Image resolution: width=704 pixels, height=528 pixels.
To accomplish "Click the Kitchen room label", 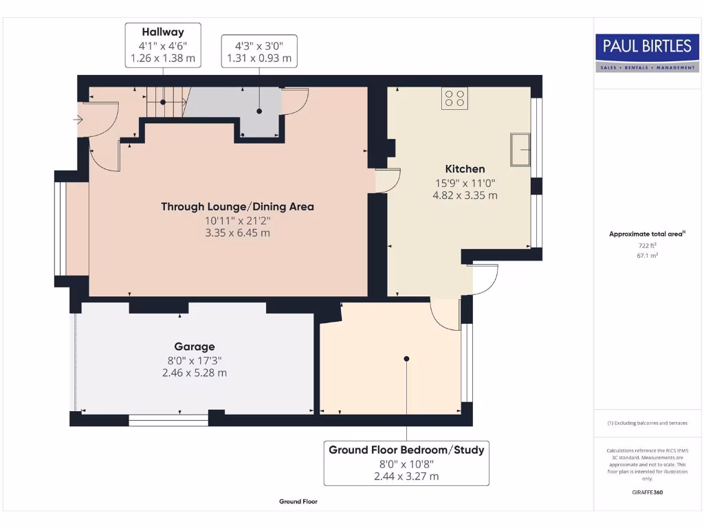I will (x=465, y=168).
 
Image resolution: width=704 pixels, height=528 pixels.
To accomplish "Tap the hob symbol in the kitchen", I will (x=454, y=99).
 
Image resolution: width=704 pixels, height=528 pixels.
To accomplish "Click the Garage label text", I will (x=194, y=346).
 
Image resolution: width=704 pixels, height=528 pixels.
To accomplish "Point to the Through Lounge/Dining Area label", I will (x=237, y=206).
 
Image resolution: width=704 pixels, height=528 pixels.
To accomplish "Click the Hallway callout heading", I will (x=162, y=32).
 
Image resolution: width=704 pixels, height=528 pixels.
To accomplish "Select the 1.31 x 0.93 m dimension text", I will (x=259, y=59).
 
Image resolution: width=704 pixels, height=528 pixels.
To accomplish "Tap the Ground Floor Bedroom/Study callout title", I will (x=406, y=450).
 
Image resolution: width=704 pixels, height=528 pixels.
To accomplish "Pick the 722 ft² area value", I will (x=647, y=245).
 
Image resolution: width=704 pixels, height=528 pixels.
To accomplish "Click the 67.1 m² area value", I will (x=647, y=254).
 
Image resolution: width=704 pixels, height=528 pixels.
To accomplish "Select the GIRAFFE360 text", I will (x=647, y=492).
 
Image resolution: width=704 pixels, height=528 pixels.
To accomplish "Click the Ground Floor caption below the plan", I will (x=298, y=502).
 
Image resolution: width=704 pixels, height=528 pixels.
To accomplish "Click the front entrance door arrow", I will (x=78, y=119).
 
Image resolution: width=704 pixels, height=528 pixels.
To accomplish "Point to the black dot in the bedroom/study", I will (x=406, y=358).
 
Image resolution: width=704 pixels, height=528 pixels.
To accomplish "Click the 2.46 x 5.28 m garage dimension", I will (x=194, y=373).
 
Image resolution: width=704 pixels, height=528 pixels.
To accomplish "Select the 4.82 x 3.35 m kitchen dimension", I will (x=465, y=195).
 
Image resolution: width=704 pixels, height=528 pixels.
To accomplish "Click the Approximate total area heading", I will (x=646, y=234).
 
